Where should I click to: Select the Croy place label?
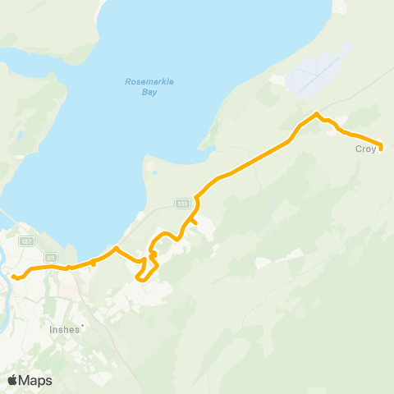click(364, 149)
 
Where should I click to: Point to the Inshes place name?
click(64, 329)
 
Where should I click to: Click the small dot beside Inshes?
click(82, 325)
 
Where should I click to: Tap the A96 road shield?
click(181, 203)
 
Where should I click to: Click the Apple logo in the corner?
click(12, 379)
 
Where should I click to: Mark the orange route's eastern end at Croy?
click(382, 149)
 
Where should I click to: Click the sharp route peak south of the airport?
click(317, 113)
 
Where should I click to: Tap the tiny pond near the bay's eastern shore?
click(151, 172)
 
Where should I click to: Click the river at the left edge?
click(4, 283)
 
